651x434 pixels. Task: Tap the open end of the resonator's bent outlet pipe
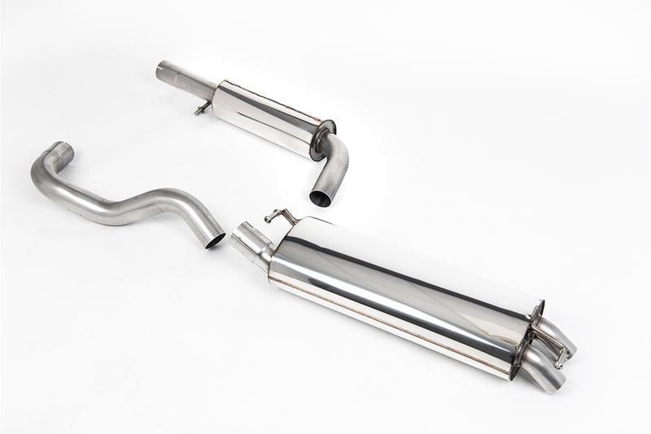point(321,196)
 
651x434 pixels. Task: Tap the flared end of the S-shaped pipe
point(59,151)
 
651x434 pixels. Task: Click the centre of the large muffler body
point(399,293)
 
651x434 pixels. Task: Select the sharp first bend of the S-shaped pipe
point(45,175)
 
